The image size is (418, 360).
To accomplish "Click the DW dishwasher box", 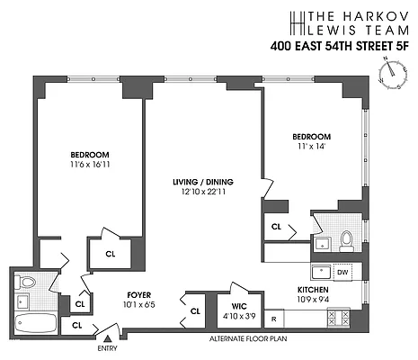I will click(x=342, y=272).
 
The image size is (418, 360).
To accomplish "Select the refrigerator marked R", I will click(x=273, y=319).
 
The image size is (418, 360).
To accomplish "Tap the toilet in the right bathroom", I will click(x=346, y=239).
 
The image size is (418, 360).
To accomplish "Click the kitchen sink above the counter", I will click(x=320, y=272).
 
